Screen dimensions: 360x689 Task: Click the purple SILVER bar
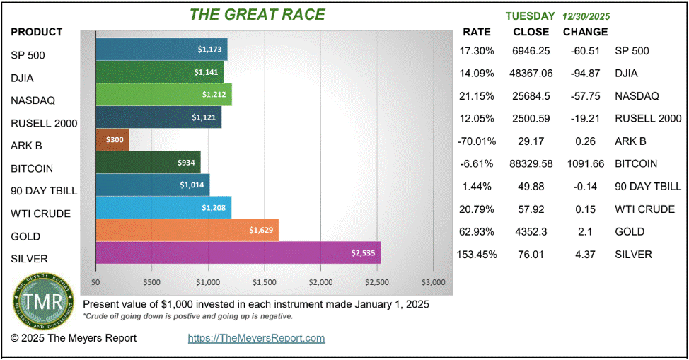(238, 253)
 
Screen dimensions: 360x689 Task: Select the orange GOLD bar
(187, 230)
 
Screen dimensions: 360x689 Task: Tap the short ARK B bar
(112, 139)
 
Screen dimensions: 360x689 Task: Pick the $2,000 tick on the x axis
(320, 282)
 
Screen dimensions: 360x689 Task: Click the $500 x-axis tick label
(151, 282)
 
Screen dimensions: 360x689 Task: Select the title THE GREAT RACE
(257, 14)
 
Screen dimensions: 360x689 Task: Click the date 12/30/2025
(587, 16)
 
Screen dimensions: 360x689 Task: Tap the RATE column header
(476, 32)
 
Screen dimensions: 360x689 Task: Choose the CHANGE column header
(585, 32)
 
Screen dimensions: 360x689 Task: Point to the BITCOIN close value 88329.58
(531, 163)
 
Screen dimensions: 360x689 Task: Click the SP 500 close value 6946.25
(531, 51)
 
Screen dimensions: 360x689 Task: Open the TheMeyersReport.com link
(256, 338)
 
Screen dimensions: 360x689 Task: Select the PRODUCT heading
(37, 32)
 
